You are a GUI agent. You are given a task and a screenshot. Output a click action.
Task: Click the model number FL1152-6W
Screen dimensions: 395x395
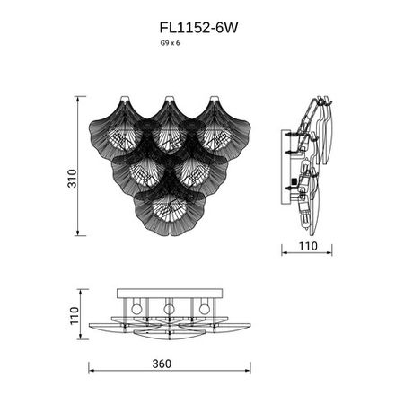click(197, 28)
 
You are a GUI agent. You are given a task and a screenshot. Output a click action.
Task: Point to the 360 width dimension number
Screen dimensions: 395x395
click(162, 364)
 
